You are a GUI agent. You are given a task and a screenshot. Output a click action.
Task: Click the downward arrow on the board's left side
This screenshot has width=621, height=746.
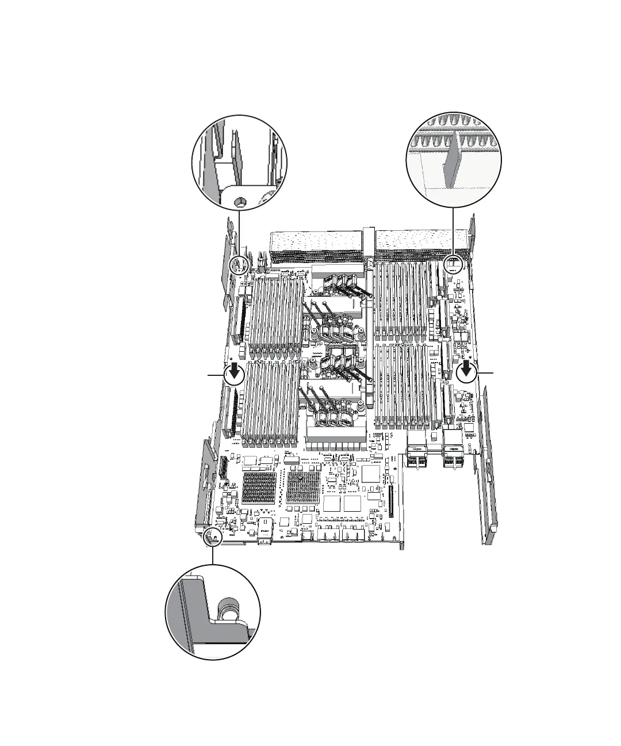(x=234, y=374)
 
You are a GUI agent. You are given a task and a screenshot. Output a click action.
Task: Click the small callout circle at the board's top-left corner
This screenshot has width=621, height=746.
(x=238, y=265)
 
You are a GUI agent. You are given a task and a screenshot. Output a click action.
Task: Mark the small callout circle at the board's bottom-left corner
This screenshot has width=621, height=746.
(x=213, y=536)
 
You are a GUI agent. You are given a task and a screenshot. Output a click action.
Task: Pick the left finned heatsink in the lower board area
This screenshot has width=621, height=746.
(x=257, y=488)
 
